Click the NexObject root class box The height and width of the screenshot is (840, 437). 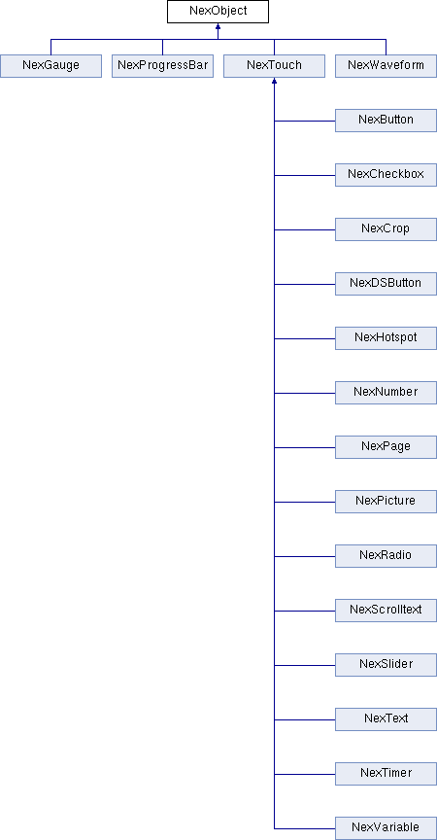coord(218,12)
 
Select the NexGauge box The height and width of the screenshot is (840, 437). coord(50,66)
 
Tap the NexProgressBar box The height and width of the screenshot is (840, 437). coord(162,66)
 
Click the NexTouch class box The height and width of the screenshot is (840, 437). coord(275,66)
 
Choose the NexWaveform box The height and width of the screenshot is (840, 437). coord(387,66)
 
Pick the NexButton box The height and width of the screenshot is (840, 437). coord(387,121)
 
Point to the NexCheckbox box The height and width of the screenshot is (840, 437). coord(387,175)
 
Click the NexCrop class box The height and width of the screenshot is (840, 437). coord(387,229)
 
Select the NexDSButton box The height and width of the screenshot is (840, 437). coord(387,283)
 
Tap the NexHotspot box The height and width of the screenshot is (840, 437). coord(387,338)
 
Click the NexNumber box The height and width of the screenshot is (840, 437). coord(387,393)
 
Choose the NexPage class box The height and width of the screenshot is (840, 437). coord(387,447)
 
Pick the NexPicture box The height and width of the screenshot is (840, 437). coord(387,502)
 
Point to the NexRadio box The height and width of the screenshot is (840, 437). coord(387,555)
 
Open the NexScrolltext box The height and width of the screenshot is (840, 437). coord(387,611)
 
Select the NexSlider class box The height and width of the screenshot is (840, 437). coord(387,665)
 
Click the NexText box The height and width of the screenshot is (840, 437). coord(387,718)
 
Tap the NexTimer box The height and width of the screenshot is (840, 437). coord(387,774)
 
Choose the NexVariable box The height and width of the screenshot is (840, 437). coord(387,827)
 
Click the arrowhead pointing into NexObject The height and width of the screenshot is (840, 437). coord(218,26)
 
